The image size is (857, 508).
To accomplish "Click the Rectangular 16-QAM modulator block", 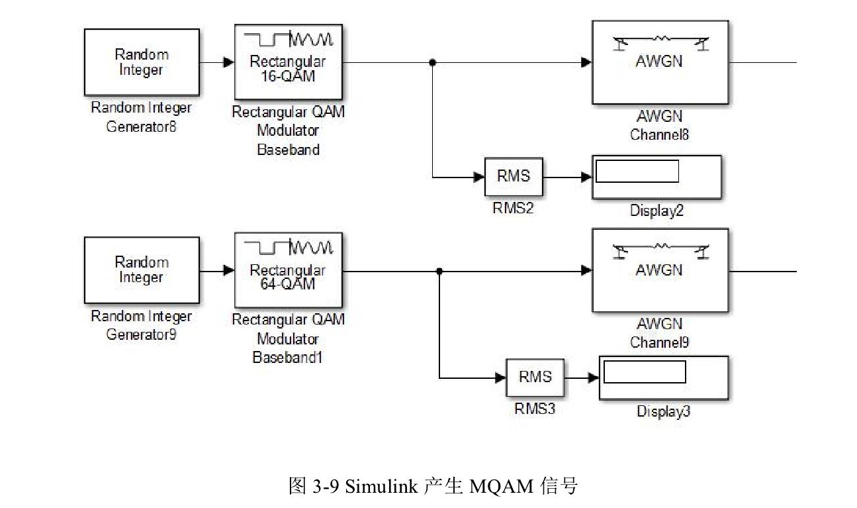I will pos(287,62).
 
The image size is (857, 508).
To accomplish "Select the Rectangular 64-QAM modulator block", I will pos(287,270).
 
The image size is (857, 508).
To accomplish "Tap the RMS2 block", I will pos(514,176).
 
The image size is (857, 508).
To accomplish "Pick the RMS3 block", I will pos(535,378).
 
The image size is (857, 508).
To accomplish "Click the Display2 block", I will pos(656,177).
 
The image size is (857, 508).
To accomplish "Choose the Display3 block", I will pos(663,378).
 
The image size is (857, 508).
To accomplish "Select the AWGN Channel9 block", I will pos(658,270).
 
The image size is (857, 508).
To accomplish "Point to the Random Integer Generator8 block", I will pos(141,62).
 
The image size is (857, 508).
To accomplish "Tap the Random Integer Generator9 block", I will pos(141,270).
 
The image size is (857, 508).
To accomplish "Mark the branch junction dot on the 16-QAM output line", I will pos(432,62).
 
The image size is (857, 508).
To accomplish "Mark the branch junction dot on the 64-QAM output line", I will pos(439,270).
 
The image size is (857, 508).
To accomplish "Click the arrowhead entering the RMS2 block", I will pos(479,177).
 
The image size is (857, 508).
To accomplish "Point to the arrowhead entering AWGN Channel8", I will pos(586,62).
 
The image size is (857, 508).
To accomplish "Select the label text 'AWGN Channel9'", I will pos(658,333).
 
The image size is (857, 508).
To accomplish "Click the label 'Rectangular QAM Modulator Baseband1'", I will pos(288,338).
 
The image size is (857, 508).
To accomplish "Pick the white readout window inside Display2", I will pos(637,171).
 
